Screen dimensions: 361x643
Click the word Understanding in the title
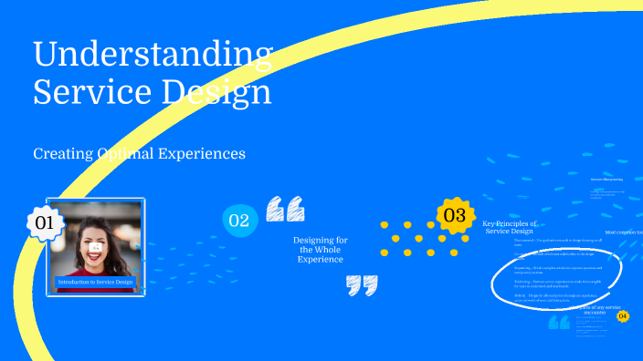(153, 54)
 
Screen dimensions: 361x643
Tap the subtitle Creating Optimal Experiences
(139, 154)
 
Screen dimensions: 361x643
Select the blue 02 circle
(238, 220)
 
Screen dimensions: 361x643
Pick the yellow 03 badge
(454, 215)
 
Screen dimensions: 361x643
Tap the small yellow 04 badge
(623, 316)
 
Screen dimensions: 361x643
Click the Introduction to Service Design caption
(96, 283)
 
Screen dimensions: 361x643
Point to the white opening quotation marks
(285, 210)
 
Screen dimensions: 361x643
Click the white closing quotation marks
(362, 285)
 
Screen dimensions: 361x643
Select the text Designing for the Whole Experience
(320, 250)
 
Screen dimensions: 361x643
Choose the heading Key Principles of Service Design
(510, 227)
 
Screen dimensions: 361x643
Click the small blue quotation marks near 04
(559, 323)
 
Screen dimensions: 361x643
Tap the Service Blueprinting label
(606, 179)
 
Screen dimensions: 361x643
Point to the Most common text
(623, 233)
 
